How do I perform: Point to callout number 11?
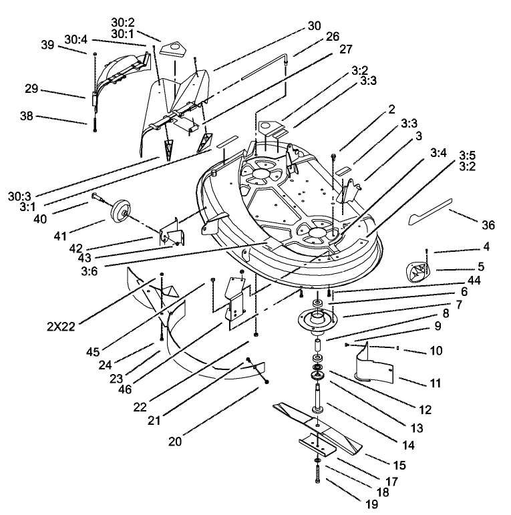tap(436, 384)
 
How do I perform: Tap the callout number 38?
tap(27, 116)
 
